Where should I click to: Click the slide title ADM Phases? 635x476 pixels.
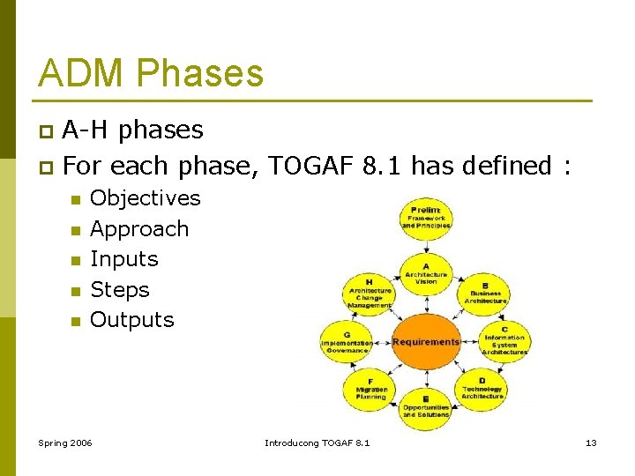point(151,73)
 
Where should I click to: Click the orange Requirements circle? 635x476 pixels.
point(426,342)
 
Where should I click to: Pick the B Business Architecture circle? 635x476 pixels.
point(485,293)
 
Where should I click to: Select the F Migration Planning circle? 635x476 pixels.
point(370,390)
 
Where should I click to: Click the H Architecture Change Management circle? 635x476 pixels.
point(369,294)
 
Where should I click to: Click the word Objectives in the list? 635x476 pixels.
point(146,198)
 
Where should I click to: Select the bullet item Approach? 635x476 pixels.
point(139,229)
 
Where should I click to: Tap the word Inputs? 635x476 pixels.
point(124,259)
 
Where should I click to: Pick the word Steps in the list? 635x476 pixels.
point(120,289)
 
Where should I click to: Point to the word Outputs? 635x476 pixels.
point(132,319)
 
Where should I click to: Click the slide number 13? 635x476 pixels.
point(591,442)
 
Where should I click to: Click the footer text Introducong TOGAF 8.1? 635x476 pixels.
point(317,442)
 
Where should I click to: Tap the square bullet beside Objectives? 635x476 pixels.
point(75,200)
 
